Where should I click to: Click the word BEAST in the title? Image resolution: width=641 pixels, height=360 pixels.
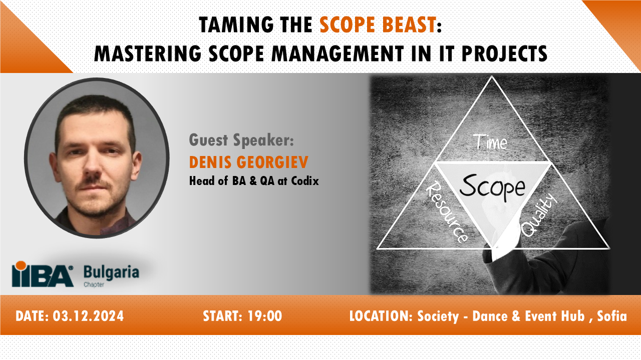(407, 24)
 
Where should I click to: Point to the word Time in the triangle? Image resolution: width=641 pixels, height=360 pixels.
(490, 143)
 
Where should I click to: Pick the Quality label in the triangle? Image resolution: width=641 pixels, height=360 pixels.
(539, 215)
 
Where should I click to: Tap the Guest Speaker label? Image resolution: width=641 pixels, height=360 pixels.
(241, 140)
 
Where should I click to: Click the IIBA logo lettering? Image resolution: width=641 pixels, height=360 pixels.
(43, 274)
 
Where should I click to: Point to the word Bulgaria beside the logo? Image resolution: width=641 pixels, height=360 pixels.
(111, 272)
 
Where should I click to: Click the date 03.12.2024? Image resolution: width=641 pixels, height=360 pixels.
(88, 316)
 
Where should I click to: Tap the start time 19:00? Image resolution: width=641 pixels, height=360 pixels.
(264, 316)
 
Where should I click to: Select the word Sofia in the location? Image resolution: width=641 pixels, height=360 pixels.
(612, 316)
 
